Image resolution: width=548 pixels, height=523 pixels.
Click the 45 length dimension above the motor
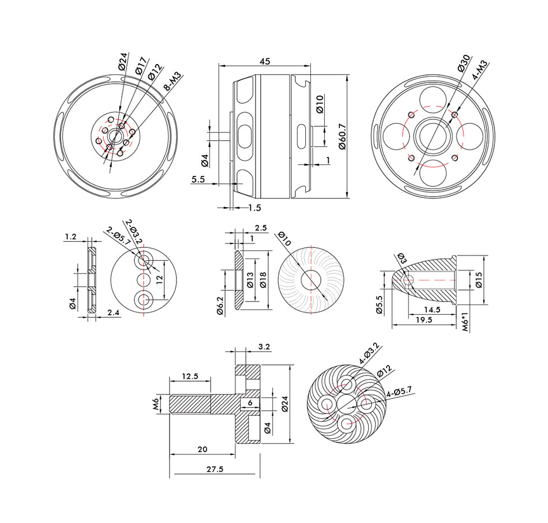point(265,61)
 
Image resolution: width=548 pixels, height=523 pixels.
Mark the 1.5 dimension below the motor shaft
point(254,207)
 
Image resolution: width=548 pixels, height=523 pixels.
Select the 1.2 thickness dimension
point(71,236)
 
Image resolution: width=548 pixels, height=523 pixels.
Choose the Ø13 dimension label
point(250,280)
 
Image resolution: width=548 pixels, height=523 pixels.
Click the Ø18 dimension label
point(263,280)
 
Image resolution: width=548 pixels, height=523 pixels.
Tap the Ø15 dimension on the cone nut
point(478,280)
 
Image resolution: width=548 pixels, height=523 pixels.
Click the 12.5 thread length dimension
point(190,376)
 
